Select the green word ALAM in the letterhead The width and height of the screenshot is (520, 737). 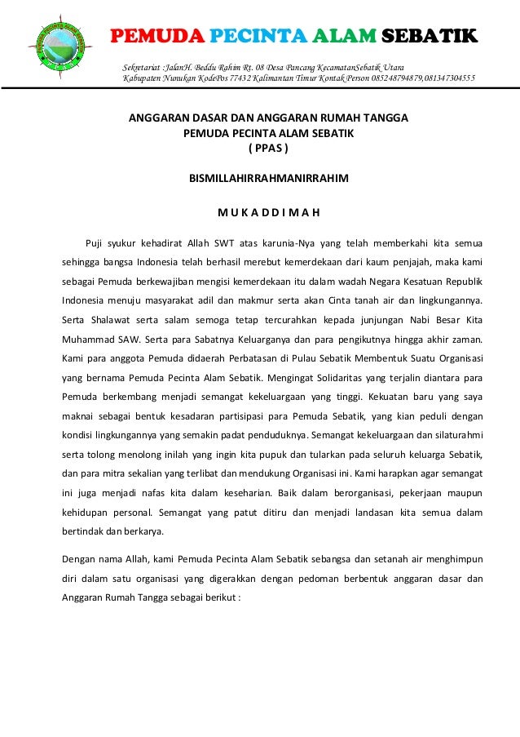click(342, 37)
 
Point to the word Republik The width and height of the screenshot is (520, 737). click(460, 282)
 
